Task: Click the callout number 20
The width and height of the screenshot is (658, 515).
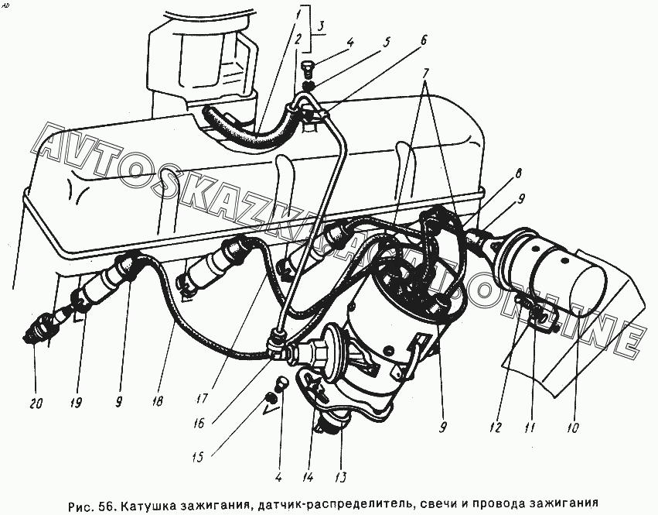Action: (x=36, y=403)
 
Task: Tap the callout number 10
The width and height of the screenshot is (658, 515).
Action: (x=572, y=428)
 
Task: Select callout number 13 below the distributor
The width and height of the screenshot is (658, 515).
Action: (x=341, y=477)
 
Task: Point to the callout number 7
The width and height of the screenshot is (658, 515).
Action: (x=426, y=73)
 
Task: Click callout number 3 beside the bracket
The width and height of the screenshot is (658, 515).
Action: (x=320, y=27)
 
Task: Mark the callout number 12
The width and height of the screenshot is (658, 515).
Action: (x=496, y=427)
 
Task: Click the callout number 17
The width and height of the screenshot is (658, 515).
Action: (x=202, y=397)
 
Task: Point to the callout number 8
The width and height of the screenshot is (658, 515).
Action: (x=519, y=173)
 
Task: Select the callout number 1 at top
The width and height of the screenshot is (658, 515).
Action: (x=297, y=15)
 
